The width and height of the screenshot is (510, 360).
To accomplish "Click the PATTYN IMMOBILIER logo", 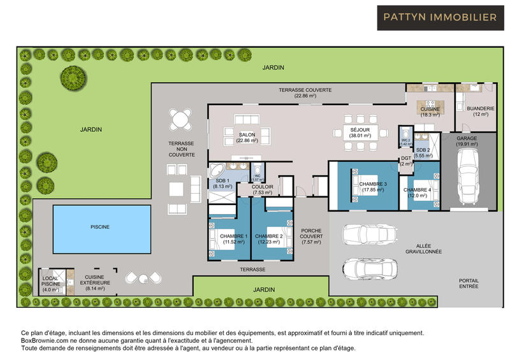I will [441, 18].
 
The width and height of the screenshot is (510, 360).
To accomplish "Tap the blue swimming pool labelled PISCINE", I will [99, 226].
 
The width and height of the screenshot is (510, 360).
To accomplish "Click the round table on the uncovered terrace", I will [180, 119].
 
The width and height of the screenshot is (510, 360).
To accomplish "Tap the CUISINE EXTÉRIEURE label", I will [96, 282].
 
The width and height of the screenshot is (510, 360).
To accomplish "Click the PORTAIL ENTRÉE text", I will [469, 284].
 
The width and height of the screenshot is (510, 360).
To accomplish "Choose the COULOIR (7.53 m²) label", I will [262, 189].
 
